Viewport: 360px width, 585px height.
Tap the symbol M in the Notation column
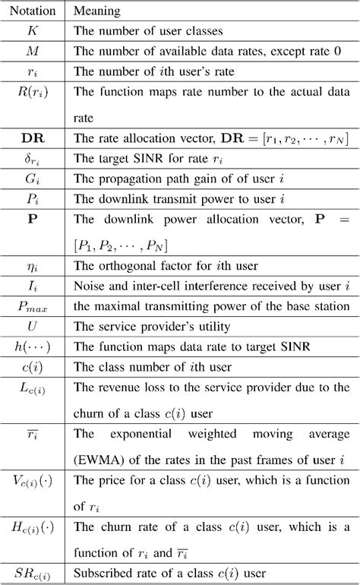point(34,52)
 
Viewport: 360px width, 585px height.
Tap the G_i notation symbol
point(34,179)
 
